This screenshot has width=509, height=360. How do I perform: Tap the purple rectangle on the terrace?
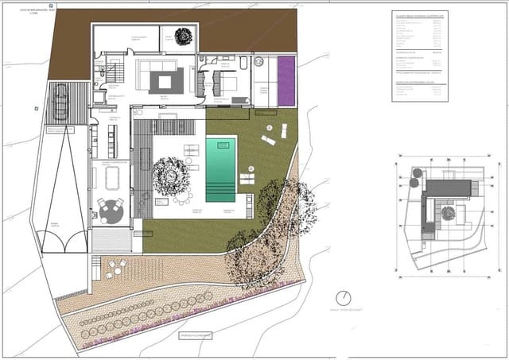point(286,81)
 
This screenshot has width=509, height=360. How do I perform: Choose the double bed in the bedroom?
point(225,81)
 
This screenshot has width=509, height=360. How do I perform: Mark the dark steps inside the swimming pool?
point(221,192)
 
